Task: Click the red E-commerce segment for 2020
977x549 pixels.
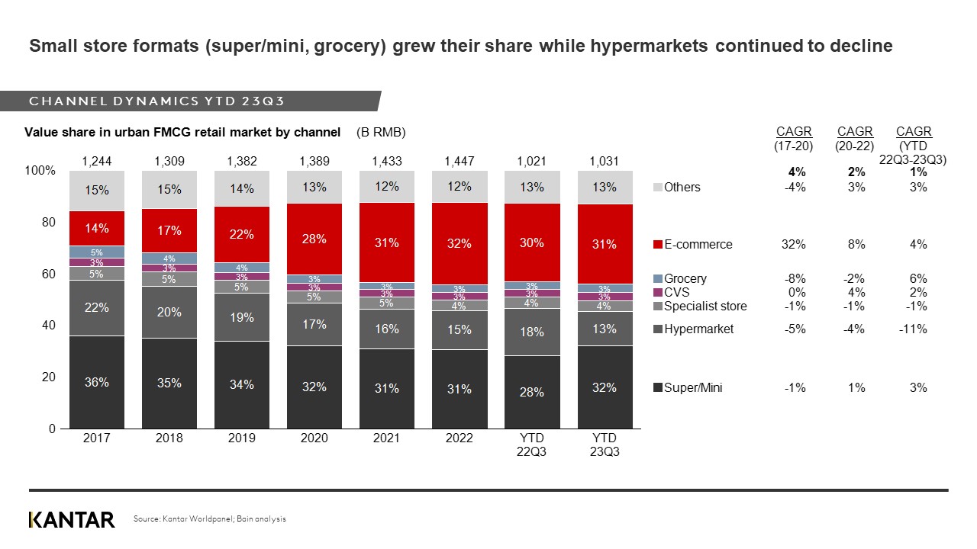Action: (x=314, y=239)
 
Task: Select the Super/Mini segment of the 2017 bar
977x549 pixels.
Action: (x=97, y=382)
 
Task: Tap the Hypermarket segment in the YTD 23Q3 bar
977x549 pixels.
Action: (x=605, y=329)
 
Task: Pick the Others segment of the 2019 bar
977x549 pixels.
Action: (x=242, y=188)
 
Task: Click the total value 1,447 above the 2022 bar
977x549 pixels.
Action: (x=459, y=161)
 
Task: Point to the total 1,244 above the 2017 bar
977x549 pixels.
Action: (x=96, y=161)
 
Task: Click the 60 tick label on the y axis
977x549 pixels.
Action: (x=47, y=274)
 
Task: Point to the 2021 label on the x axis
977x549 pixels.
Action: (x=386, y=438)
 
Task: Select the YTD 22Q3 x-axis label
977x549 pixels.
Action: (x=531, y=445)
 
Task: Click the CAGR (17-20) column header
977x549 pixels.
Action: (x=794, y=139)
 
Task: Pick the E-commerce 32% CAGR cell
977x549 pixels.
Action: (x=794, y=245)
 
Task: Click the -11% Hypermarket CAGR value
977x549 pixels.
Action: (x=914, y=329)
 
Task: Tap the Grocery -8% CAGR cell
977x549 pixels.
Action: (x=794, y=279)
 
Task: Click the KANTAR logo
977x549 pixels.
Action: (x=72, y=520)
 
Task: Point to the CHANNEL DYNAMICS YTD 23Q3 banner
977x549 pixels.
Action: (x=157, y=101)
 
